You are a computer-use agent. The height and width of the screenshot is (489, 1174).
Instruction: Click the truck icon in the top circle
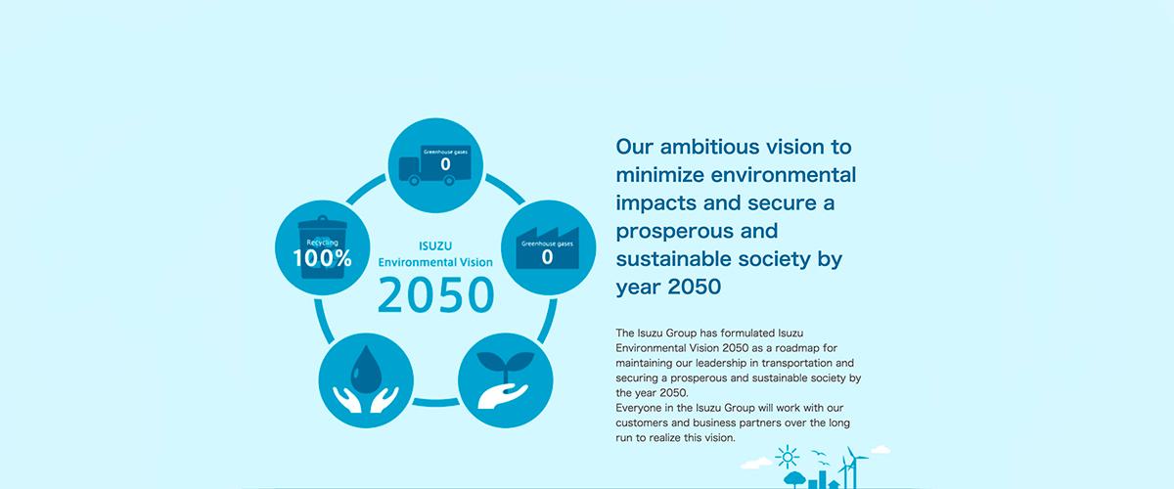click(x=435, y=165)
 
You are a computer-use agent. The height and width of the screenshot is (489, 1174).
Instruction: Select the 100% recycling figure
click(x=322, y=258)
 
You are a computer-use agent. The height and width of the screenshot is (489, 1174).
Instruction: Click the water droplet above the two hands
click(x=366, y=369)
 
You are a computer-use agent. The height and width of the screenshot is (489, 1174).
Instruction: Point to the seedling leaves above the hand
click(x=505, y=361)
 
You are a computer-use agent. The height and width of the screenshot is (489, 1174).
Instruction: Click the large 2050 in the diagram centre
click(x=435, y=295)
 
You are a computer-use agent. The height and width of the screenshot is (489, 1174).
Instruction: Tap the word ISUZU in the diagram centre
click(x=435, y=245)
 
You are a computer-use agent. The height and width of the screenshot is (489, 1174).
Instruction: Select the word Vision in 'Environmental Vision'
click(x=475, y=262)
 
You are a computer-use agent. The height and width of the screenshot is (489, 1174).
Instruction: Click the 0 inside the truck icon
click(x=445, y=164)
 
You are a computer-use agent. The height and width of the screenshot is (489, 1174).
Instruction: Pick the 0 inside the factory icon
click(x=547, y=257)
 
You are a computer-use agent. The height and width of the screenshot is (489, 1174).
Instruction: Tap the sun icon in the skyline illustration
click(x=788, y=457)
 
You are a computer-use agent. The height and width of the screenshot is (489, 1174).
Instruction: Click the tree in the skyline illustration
click(x=794, y=479)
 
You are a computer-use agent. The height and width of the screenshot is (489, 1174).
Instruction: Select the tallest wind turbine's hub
click(x=852, y=458)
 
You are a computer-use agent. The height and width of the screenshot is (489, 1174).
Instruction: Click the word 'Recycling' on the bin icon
click(x=322, y=243)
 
